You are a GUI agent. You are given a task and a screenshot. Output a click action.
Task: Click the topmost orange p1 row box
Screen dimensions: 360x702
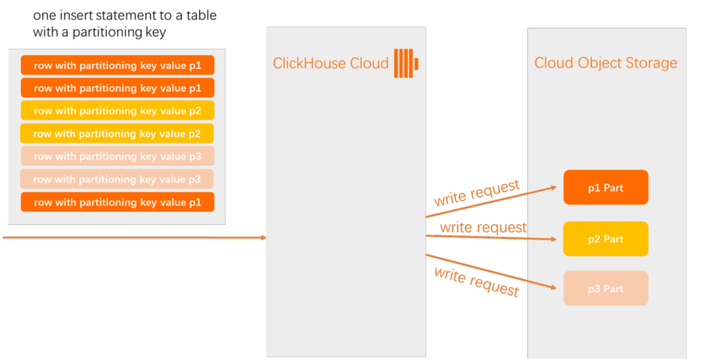point(118,65)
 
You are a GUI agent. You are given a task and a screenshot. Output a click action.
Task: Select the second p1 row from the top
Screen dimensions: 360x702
point(118,88)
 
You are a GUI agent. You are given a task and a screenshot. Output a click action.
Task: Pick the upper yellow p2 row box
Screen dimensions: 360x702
point(118,110)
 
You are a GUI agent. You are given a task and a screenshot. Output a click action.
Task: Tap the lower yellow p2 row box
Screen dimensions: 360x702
point(117,133)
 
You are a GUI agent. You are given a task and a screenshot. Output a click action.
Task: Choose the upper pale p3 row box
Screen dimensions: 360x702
point(118,156)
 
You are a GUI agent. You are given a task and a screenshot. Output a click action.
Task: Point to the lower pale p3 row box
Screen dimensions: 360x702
point(117,179)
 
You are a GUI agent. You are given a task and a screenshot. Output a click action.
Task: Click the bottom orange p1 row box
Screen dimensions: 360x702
point(118,202)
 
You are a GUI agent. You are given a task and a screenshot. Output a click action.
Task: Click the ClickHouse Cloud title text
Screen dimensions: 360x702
point(331,64)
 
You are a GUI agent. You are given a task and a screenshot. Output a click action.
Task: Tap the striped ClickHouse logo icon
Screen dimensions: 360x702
point(406,63)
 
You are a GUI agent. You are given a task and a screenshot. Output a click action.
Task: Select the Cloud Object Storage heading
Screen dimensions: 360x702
point(605,63)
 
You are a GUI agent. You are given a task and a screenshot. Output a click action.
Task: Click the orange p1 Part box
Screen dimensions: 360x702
point(606,188)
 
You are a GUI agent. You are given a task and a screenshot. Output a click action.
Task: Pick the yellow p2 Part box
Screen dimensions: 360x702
point(606,239)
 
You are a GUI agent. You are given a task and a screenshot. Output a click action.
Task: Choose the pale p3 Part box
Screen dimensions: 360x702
point(606,288)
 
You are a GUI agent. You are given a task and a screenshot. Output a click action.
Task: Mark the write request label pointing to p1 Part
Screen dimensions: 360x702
point(477,193)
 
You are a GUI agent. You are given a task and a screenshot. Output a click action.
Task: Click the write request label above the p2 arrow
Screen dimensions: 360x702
point(483,228)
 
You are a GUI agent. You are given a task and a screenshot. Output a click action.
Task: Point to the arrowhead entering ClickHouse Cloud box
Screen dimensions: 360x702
point(264,238)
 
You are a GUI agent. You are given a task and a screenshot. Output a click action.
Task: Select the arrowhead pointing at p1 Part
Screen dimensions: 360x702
point(554,188)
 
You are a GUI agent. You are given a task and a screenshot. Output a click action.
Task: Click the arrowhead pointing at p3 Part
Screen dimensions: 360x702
point(554,288)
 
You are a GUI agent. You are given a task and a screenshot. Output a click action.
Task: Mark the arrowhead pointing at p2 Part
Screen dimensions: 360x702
point(554,239)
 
